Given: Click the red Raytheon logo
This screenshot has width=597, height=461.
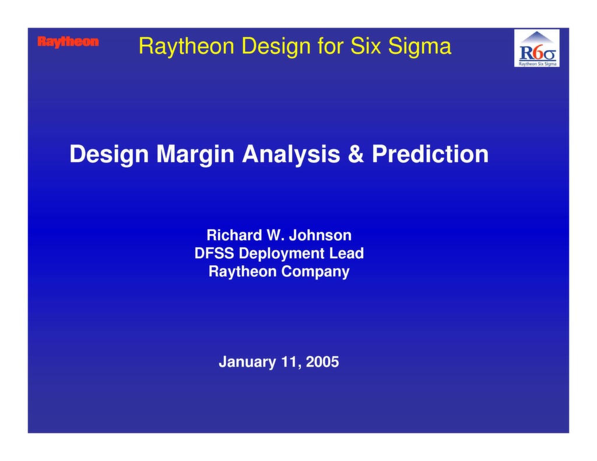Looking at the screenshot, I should pyautogui.click(x=68, y=42).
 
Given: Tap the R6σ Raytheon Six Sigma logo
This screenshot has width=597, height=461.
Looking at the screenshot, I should pyautogui.click(x=536, y=48).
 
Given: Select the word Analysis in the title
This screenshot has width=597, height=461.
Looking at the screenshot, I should pyautogui.click(x=291, y=154).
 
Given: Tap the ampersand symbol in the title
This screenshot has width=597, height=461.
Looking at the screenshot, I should pyautogui.click(x=356, y=154).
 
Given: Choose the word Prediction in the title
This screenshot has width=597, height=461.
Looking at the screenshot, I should pyautogui.click(x=430, y=154).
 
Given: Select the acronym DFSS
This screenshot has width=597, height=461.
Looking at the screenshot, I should pyautogui.click(x=215, y=254).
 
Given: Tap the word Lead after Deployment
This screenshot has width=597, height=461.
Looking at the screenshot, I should pyautogui.click(x=345, y=254).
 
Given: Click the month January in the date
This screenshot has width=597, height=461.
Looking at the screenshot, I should pyautogui.click(x=247, y=362).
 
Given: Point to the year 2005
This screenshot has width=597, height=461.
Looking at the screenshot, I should pyautogui.click(x=322, y=362).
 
